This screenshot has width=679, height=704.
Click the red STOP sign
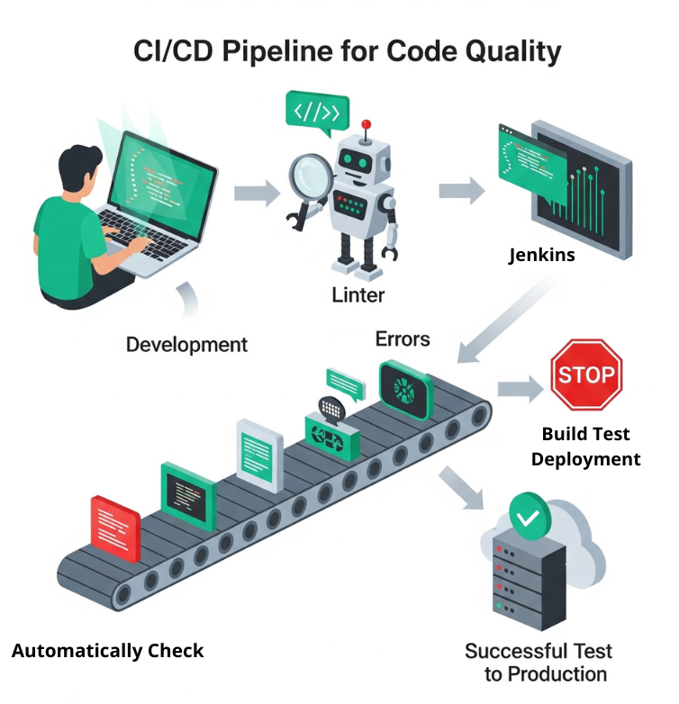coord(585,374)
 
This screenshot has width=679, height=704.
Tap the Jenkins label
coord(541,255)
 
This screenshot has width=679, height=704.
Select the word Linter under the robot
coord(358,294)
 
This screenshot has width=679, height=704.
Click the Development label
coord(186,344)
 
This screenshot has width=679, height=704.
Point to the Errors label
coord(403,339)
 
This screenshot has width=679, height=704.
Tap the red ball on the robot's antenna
coord(366,124)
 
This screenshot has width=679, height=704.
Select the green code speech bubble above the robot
coord(316,113)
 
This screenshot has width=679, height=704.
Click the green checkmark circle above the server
coord(530,517)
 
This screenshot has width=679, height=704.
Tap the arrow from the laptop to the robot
coord(256,192)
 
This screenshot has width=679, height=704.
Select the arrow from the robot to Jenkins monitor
coord(461,191)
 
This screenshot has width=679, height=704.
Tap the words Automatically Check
coord(108,651)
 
